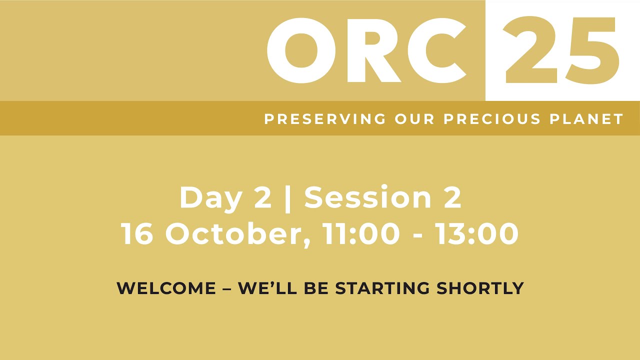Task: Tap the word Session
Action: (x=367, y=197)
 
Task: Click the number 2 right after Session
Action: (x=451, y=197)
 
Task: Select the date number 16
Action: (x=137, y=233)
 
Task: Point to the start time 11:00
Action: (x=361, y=233)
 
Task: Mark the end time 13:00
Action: (x=476, y=233)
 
